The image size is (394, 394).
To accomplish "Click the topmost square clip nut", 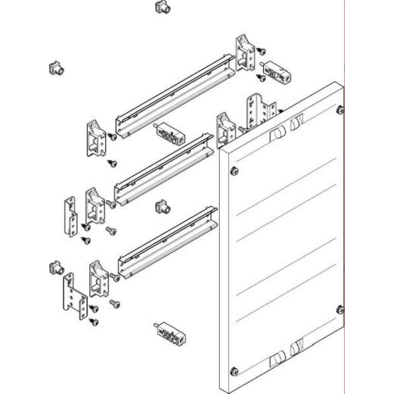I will point(160,8).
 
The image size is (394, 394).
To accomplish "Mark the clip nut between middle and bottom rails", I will point(161,207).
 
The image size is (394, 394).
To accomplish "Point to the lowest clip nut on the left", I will point(54,267).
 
